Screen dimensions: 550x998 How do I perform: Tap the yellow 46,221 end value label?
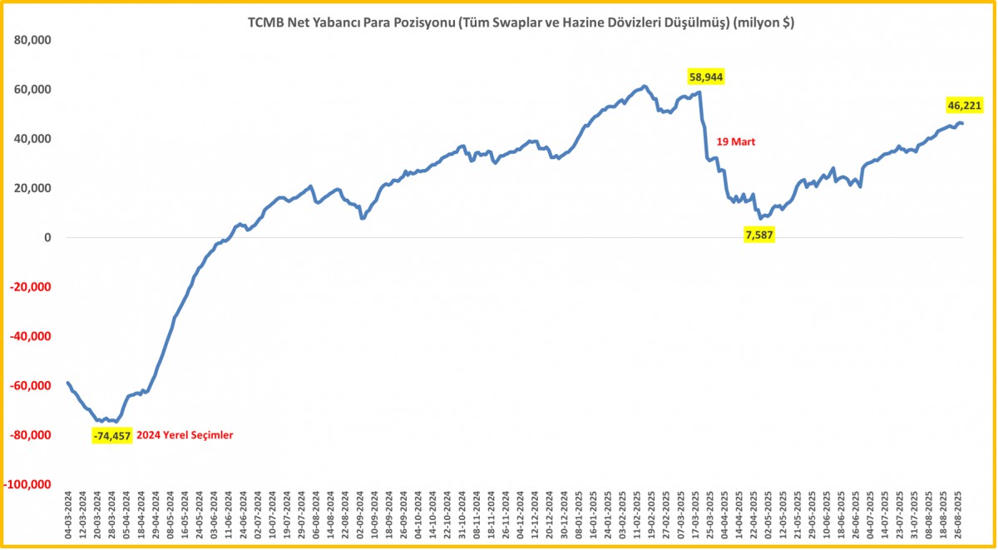click(x=965, y=105)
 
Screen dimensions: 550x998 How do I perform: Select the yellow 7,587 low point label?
click(x=760, y=235)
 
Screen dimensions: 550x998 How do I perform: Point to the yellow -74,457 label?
click(x=111, y=435)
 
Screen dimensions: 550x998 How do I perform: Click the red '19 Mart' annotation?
click(x=737, y=142)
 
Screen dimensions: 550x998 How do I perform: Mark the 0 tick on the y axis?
click(x=48, y=238)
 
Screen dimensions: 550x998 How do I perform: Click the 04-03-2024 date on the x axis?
click(x=68, y=518)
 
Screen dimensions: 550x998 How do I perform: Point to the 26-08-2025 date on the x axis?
click(x=957, y=518)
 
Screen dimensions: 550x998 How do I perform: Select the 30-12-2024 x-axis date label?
click(x=564, y=518)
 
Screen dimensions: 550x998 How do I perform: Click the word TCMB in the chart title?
click(x=265, y=23)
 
